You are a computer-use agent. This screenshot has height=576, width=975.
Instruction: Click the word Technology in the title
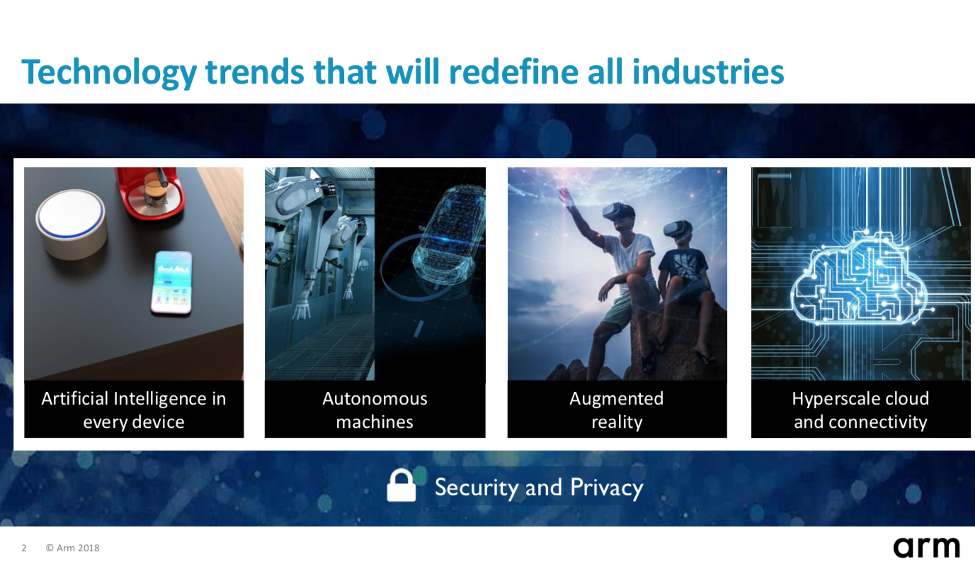click(109, 73)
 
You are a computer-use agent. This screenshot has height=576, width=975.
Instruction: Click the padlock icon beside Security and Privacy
click(401, 485)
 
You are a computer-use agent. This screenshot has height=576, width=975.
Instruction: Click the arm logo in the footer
click(926, 548)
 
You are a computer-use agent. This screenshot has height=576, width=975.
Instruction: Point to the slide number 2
click(24, 548)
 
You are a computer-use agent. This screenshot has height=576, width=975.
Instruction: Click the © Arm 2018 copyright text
click(73, 548)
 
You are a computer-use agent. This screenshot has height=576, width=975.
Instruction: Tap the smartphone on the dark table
click(171, 282)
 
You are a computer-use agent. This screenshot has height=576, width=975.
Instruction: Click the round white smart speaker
click(72, 224)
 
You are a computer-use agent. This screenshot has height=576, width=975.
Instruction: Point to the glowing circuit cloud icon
click(859, 279)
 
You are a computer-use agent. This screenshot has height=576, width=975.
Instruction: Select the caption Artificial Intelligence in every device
click(134, 410)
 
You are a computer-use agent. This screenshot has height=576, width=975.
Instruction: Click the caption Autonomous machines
click(375, 410)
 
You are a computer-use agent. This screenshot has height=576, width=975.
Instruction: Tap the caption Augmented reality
click(617, 410)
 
